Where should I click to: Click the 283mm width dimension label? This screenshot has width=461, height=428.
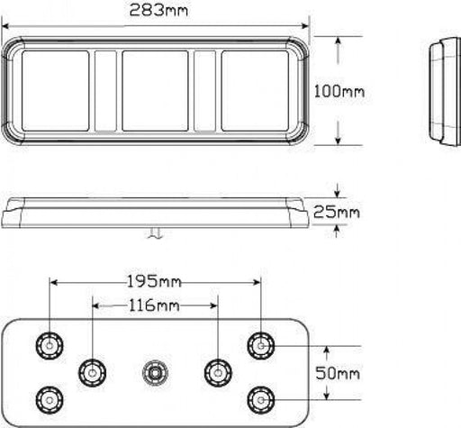(158, 12)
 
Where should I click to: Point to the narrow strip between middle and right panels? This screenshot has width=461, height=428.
(204, 90)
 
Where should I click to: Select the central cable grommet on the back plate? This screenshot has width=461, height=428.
(155, 371)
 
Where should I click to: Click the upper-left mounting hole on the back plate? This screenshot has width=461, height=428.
(47, 344)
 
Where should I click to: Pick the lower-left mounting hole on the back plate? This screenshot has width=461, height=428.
(47, 396)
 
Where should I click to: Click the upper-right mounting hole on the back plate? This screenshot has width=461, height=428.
(262, 344)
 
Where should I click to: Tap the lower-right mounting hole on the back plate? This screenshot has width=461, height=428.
(262, 396)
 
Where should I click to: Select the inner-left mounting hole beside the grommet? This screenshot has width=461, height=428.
(91, 370)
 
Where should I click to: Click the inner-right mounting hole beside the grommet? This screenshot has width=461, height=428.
(216, 370)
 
